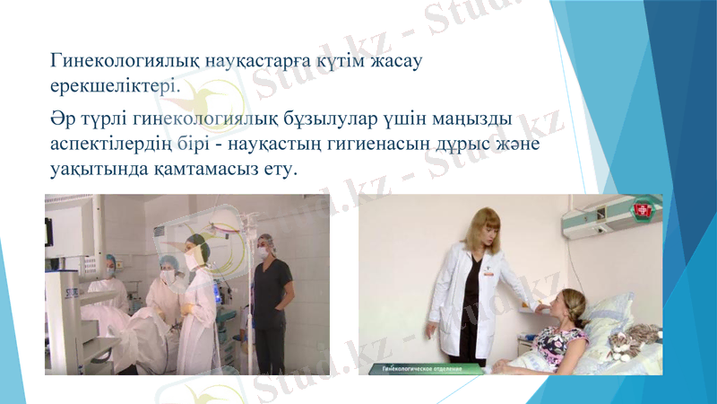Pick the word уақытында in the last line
tap(95, 169)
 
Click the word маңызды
tap(478, 119)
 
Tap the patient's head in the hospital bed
tap(567, 304)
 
